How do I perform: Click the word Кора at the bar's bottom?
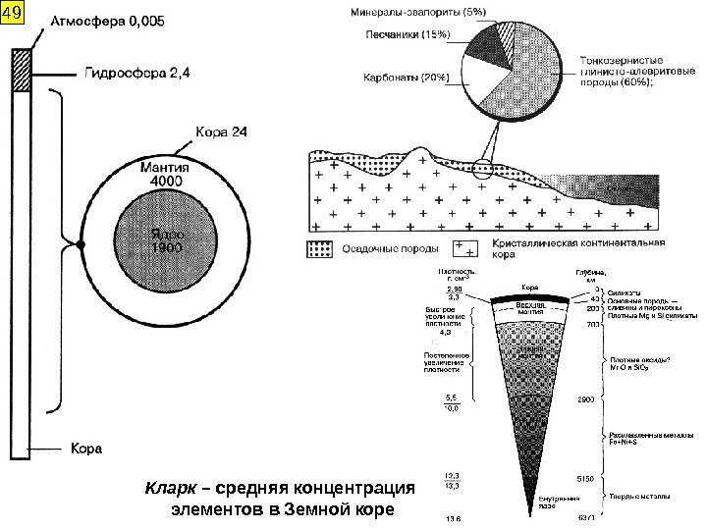[x=85, y=449]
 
